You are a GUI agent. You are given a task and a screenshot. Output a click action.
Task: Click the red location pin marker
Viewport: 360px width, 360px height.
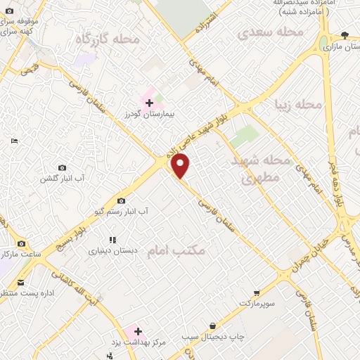click(181, 166)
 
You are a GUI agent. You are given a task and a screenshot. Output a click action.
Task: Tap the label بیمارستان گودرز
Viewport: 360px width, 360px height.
click(148, 112)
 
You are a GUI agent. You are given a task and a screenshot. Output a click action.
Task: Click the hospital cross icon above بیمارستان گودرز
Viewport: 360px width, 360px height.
click(149, 103)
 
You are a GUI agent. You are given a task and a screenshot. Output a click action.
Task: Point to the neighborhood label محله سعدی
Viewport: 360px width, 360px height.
click(270, 32)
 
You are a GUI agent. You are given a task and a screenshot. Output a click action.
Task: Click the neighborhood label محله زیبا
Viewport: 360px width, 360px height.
click(299, 105)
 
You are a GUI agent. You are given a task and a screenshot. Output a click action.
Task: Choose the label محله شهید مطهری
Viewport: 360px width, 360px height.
click(261, 169)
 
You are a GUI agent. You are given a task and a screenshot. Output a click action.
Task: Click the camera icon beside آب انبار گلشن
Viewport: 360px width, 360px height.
click(63, 168)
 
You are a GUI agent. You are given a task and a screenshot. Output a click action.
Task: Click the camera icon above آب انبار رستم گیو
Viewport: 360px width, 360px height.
click(121, 201)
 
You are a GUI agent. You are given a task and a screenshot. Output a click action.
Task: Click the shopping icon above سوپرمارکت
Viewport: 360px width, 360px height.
click(257, 292)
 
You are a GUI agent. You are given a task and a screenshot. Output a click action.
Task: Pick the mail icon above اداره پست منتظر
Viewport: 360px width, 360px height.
click(20, 282)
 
